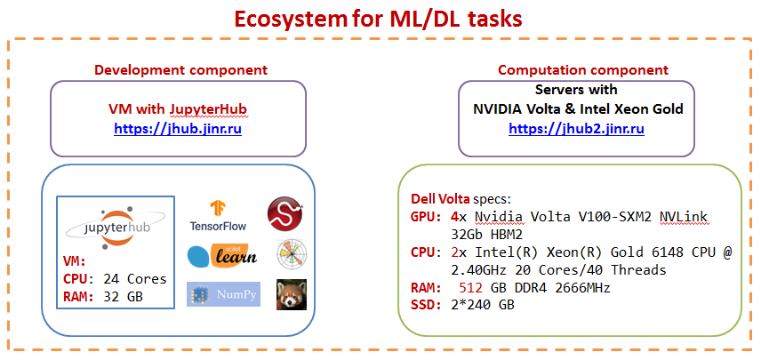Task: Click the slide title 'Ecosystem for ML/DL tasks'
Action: point(378,19)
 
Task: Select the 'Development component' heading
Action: point(180,70)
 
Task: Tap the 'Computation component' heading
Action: point(583,70)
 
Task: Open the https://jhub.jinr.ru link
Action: point(178,129)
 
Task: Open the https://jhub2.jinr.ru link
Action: point(577,129)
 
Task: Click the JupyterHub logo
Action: point(115,228)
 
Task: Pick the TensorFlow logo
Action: point(218,215)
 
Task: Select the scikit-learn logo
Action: point(221,255)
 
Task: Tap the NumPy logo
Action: point(224,294)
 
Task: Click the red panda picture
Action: point(292,294)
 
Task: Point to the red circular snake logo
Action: point(285,214)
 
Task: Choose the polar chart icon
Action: point(292,254)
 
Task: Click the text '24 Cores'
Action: point(134,279)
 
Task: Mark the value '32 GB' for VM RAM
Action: point(124,297)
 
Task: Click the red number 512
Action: point(471,288)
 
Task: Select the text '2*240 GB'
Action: point(482,305)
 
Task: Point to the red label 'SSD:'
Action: point(427,305)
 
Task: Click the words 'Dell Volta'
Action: point(440,199)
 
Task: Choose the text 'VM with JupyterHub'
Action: point(178,109)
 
